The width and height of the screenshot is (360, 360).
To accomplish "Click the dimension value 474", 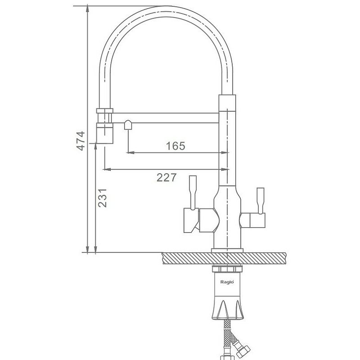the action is coord(81,141).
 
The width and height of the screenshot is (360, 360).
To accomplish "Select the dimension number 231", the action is coord(103,198).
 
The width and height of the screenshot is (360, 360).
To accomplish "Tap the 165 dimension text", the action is coord(175,146).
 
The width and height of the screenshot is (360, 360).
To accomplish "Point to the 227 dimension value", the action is coord(166,177).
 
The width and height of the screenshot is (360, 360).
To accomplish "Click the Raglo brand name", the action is coord(227,282).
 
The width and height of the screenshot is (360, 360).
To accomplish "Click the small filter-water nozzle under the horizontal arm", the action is coord(128,125).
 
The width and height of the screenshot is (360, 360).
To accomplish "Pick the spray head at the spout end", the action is coord(105,133).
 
